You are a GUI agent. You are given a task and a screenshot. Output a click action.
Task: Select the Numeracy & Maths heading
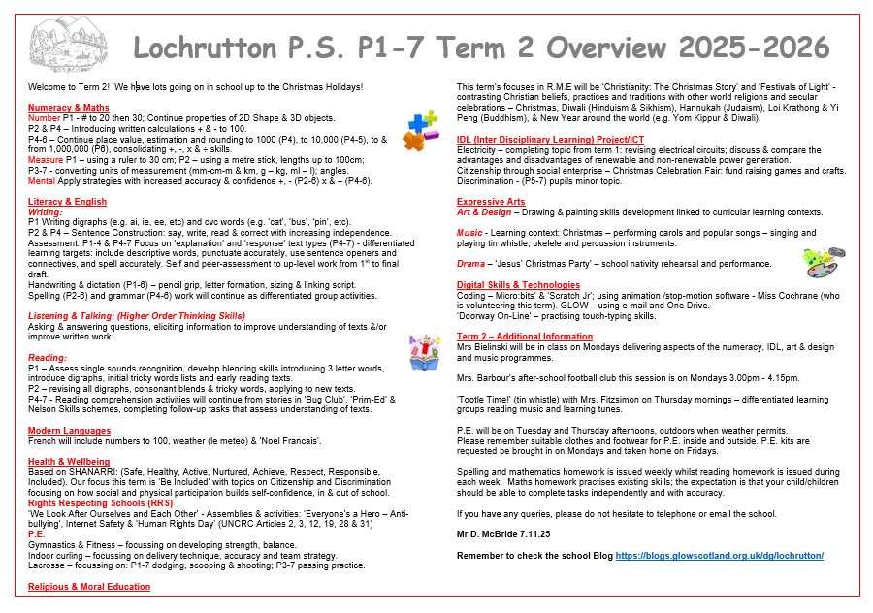coord(68,108)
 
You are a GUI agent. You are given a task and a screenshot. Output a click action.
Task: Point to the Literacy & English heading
coord(67,202)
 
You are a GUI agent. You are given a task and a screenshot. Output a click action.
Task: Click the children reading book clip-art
coord(425,350)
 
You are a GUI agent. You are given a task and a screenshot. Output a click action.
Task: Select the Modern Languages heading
coord(68,430)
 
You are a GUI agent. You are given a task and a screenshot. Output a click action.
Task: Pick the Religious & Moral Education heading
coord(89,587)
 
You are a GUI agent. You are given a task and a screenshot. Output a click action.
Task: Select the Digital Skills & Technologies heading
coord(518,285)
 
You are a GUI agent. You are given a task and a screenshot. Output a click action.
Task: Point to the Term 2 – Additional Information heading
coord(524,337)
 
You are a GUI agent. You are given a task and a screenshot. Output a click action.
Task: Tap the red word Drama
coord(470,263)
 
